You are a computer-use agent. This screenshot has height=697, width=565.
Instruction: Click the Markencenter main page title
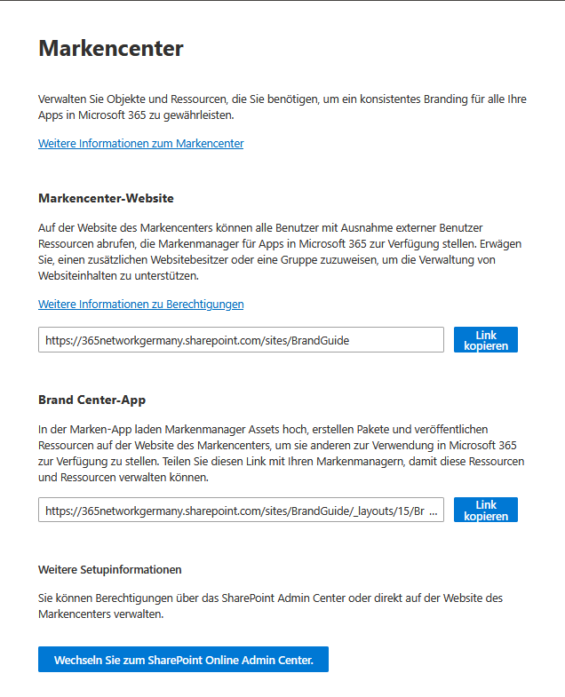pos(110,49)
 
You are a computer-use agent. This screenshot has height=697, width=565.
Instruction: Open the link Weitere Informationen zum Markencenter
pos(140,144)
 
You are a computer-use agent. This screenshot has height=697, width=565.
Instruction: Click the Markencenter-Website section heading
pos(106,198)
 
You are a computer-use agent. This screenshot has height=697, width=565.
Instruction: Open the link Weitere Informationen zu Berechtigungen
pos(140,305)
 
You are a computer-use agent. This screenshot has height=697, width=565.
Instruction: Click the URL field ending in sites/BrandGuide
pos(240,340)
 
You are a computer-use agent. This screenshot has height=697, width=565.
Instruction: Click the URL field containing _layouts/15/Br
pos(240,511)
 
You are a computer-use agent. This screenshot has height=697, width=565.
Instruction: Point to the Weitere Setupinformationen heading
pos(109,569)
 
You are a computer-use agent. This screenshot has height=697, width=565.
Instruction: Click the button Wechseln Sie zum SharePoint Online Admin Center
pos(183,660)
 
